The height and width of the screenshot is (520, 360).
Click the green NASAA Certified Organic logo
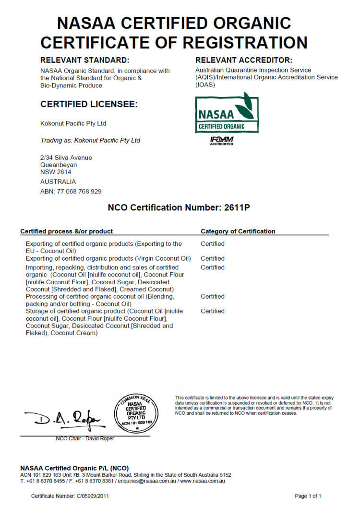pos(227,113)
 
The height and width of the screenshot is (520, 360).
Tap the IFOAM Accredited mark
pos(221,141)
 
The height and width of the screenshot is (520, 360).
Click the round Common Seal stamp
pos(136,412)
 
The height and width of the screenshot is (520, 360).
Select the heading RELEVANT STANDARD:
pos(84,60)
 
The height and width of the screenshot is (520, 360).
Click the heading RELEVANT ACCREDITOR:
pos(244,60)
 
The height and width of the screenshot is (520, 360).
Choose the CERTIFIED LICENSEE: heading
pos(89,104)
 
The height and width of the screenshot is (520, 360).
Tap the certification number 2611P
pos(237,208)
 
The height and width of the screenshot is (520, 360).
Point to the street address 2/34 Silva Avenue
pos(66,157)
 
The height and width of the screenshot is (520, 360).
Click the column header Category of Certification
pos(238,231)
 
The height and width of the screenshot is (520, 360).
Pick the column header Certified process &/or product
pos(67,231)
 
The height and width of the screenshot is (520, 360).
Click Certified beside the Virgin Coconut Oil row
pos(213,258)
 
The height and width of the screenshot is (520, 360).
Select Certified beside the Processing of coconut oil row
pos(213,296)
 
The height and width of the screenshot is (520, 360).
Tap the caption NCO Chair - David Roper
pos(85,438)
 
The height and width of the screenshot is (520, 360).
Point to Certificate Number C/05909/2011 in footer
pos(70,496)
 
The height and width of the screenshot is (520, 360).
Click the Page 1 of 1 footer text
pos(308,496)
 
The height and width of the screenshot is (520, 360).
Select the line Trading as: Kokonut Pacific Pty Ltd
pos(90,141)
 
